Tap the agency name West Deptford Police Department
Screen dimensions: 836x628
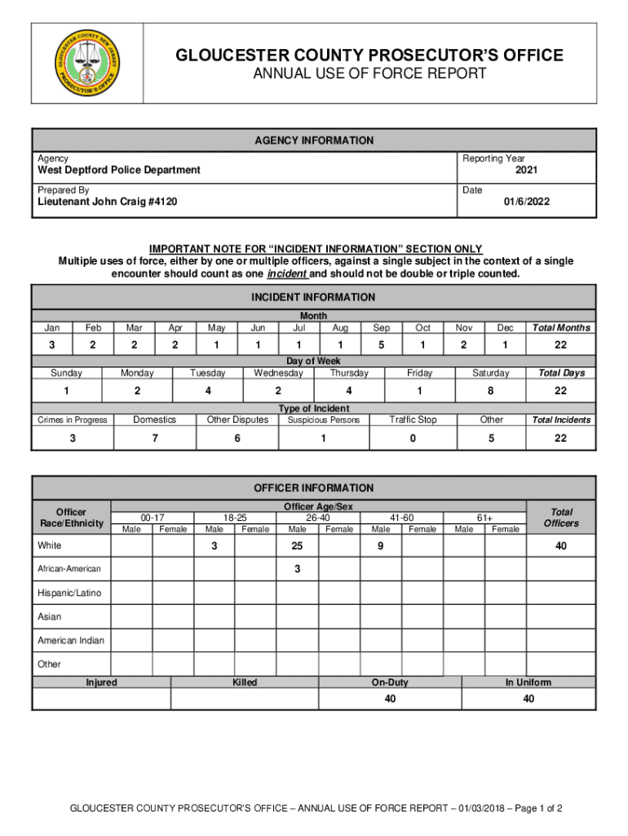pos(119,171)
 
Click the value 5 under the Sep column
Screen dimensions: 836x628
pos(382,345)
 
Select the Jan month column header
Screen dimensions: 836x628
pos(51,328)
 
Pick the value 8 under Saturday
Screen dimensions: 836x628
pos(490,391)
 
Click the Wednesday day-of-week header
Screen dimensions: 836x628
pos(278,373)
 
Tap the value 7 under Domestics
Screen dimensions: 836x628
pos(155,438)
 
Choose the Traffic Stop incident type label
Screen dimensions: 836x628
pos(413,420)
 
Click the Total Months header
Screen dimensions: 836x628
pos(561,328)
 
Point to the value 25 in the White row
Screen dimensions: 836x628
pos(297,545)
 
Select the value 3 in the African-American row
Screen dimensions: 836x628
pos(297,568)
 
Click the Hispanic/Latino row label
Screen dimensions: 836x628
pos(69,593)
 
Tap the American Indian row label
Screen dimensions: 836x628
pos(71,640)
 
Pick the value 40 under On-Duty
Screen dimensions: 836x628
pos(390,699)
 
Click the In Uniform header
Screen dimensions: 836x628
pos(528,683)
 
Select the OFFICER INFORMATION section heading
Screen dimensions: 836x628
pos(313,488)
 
